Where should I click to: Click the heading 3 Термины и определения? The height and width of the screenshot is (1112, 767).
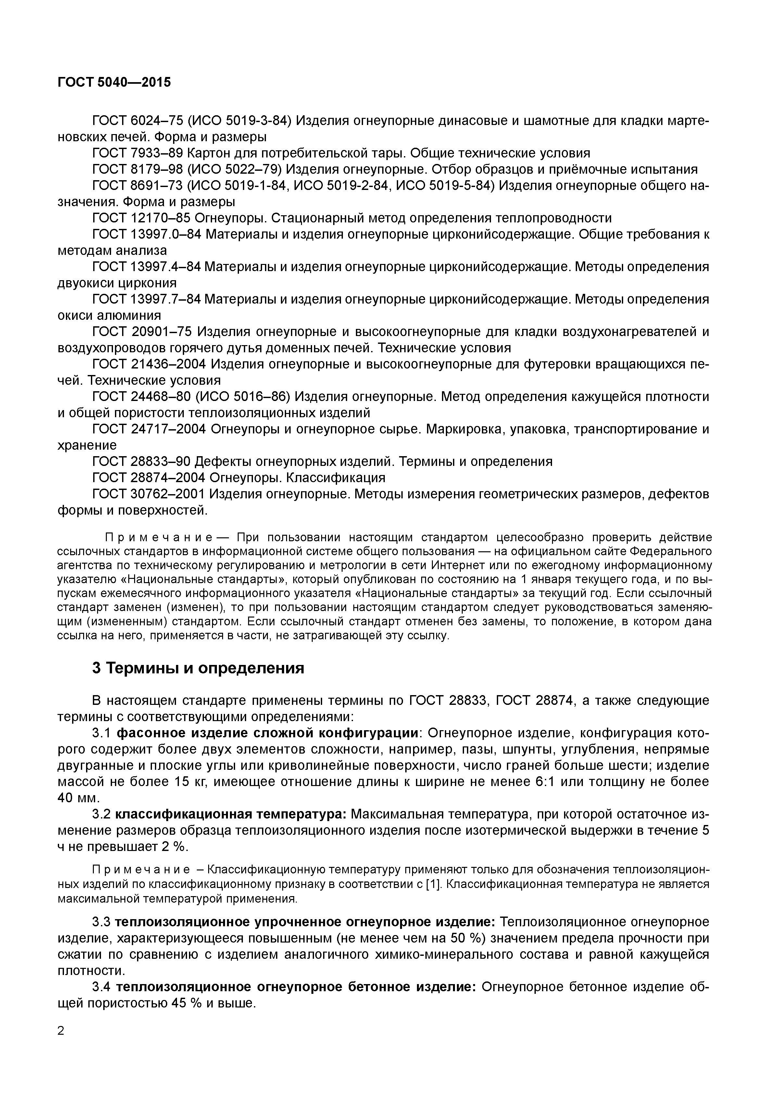point(198,668)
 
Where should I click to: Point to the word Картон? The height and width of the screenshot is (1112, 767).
point(209,153)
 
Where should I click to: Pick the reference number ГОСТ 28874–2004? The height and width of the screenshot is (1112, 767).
point(149,478)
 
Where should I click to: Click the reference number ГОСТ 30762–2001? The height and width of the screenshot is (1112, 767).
point(149,494)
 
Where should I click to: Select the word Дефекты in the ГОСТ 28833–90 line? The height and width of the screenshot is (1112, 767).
point(224,462)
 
